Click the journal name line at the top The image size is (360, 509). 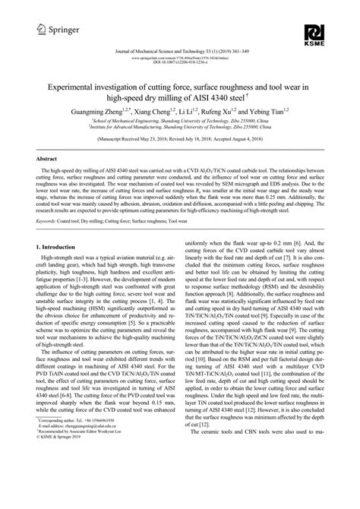click(179, 50)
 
